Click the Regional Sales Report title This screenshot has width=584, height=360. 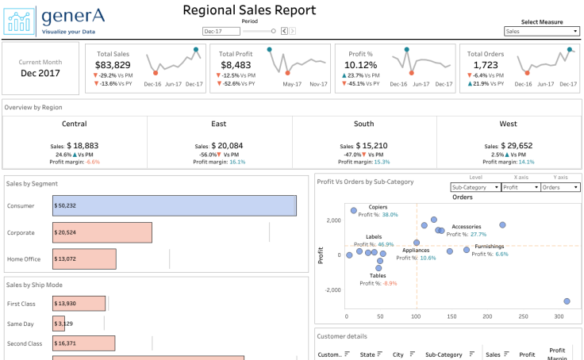[249, 10]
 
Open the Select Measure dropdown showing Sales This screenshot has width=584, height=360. [542, 32]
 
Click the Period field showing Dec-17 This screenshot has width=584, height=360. [221, 32]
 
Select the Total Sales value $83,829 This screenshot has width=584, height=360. [113, 65]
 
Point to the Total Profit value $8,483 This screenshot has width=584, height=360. [236, 65]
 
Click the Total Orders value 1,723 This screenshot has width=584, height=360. [486, 65]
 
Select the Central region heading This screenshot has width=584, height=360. [75, 124]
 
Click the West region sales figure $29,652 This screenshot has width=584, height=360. [517, 146]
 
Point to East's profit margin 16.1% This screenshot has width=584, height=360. [237, 162]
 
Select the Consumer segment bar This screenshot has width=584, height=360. [175, 205]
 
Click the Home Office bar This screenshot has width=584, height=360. [84, 259]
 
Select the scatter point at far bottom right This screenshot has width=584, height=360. [567, 301]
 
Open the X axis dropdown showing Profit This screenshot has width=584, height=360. [521, 188]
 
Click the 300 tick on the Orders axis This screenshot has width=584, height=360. [559, 316]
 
